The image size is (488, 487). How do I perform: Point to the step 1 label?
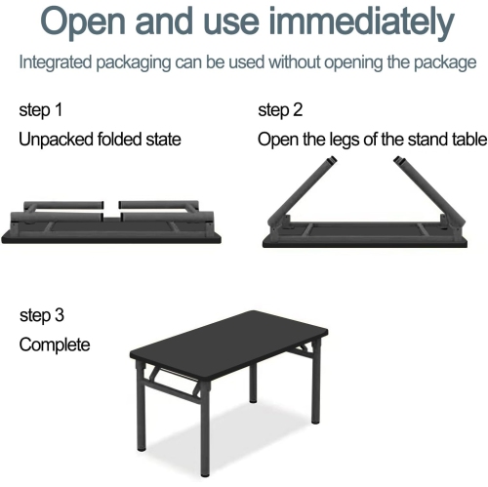[41, 109]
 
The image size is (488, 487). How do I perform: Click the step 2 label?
[280, 109]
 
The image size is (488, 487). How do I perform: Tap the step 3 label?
[43, 315]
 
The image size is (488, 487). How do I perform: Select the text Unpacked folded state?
[100, 140]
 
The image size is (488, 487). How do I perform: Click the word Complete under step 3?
[55, 345]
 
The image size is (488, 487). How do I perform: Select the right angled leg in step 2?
[429, 185]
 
